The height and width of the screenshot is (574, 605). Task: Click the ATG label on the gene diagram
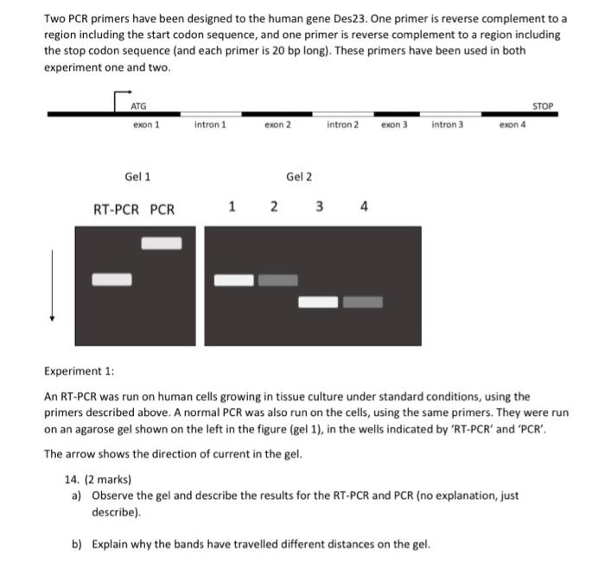click(x=138, y=106)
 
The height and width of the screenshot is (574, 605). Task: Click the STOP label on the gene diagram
click(x=542, y=106)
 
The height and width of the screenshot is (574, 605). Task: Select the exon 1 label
click(x=146, y=125)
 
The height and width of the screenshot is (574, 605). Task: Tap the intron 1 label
click(x=210, y=125)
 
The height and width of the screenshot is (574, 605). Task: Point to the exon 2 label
click(x=277, y=125)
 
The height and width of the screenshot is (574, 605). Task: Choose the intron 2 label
click(x=342, y=125)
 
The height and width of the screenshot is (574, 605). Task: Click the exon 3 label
click(x=394, y=125)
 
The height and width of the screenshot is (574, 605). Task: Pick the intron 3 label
click(x=447, y=125)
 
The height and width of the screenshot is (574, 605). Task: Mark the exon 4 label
click(x=513, y=125)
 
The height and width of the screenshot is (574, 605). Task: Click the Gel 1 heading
click(x=137, y=177)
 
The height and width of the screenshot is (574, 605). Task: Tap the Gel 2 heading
click(x=299, y=177)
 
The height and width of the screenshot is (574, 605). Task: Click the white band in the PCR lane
click(x=162, y=243)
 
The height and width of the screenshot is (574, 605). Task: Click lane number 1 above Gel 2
click(x=231, y=207)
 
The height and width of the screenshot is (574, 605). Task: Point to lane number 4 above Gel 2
click(x=364, y=207)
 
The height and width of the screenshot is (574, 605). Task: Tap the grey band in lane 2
click(x=277, y=280)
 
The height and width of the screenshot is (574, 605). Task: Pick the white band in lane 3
click(x=319, y=302)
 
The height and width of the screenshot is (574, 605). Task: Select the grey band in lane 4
click(x=363, y=302)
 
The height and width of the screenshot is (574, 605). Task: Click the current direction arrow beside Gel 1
click(x=53, y=285)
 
